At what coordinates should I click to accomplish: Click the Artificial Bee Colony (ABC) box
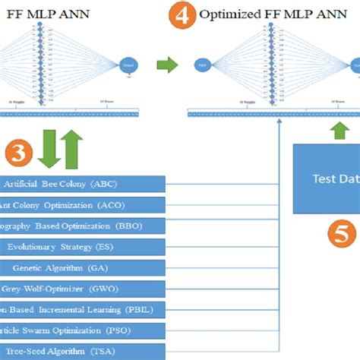coord(82,184)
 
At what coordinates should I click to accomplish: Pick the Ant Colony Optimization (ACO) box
coord(82,205)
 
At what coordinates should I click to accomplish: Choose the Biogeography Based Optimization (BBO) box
coord(82,226)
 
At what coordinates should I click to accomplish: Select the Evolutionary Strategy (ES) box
coord(82,247)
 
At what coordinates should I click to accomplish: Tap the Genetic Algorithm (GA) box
coord(82,267)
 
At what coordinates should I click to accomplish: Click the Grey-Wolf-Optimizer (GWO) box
coord(82,289)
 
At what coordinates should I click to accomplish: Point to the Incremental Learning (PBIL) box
coord(82,310)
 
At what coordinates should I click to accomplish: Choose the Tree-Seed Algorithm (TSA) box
coord(82,352)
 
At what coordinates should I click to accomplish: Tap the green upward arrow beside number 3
coord(72,148)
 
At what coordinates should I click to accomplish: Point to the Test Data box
coord(327,179)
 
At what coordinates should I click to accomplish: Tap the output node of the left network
coord(128,67)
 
